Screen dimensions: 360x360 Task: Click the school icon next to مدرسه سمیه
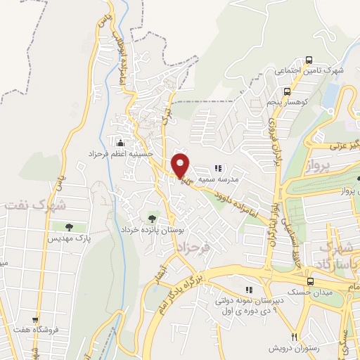point(218,168)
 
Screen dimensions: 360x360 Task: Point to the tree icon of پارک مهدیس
point(69,226)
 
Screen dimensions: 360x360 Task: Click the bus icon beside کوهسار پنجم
point(269,103)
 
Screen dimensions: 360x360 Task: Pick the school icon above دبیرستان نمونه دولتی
point(248,289)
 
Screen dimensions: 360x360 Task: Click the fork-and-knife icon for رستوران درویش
point(295,336)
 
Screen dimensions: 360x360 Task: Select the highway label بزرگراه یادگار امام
point(204,273)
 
